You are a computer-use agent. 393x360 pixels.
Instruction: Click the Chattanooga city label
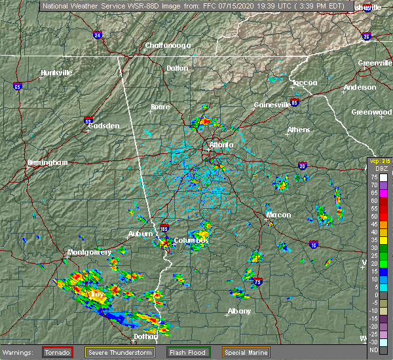point(167,45)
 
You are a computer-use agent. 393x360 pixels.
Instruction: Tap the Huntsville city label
point(56,73)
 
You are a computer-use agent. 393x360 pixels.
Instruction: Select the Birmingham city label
point(48,162)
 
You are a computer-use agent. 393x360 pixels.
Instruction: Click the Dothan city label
point(146,336)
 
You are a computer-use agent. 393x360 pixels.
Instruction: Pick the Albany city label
point(238,311)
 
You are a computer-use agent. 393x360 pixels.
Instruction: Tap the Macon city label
point(278,215)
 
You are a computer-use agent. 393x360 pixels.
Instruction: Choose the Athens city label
point(298,130)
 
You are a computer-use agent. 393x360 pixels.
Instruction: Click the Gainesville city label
point(272,105)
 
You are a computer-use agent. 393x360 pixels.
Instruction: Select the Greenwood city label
point(371,112)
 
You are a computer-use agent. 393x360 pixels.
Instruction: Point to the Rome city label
point(160,107)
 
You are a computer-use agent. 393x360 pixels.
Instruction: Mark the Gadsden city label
point(104,126)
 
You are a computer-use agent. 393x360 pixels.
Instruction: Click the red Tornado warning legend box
point(58,352)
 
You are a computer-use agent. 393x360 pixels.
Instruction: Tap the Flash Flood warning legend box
point(187,352)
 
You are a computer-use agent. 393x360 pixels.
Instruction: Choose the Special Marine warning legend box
point(246,352)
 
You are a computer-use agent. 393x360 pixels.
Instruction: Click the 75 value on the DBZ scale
point(375,177)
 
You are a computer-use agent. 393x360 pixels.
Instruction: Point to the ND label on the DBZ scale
point(375,349)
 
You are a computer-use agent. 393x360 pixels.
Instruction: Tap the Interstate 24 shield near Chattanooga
point(98,35)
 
